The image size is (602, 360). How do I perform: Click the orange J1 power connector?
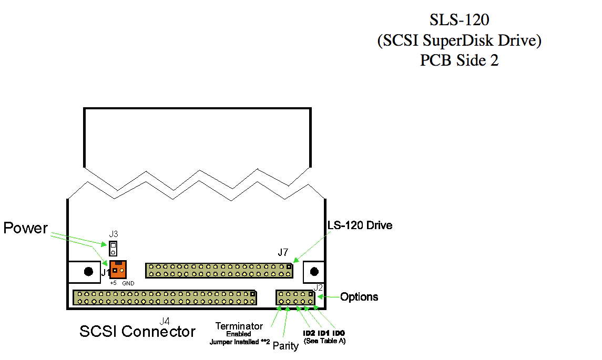[118, 270]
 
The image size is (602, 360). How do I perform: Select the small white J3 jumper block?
[113, 248]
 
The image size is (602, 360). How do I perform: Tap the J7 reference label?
[283, 253]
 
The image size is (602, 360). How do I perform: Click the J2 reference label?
[318, 287]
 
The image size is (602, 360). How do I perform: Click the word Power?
[25, 228]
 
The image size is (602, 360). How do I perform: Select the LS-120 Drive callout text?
[360, 225]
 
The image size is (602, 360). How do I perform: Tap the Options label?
[359, 297]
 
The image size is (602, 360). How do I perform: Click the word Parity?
[285, 346]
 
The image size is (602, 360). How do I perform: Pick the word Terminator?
[239, 326]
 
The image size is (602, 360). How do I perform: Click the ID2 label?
[309, 333]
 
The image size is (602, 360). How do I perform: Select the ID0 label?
[339, 333]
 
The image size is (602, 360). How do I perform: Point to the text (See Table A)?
[324, 341]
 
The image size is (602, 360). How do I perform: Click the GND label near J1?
[128, 283]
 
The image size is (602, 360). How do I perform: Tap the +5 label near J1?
[113, 283]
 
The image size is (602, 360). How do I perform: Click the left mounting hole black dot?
[89, 272]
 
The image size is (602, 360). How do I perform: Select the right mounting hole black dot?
[314, 271]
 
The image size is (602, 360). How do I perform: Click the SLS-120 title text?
[459, 20]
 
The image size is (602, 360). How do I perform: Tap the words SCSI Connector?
[137, 332]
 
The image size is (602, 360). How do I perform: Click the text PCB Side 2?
[459, 60]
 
